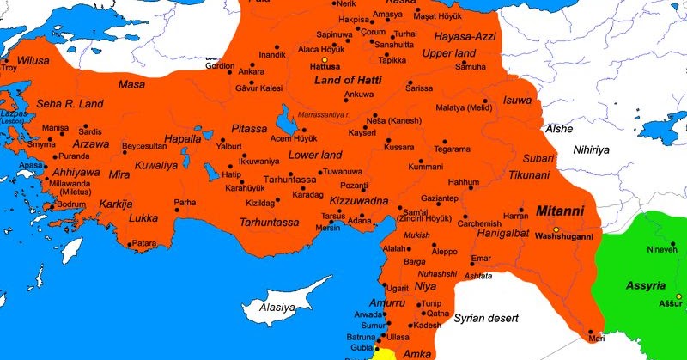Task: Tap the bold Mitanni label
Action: click(x=559, y=210)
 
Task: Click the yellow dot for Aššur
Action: click(x=678, y=296)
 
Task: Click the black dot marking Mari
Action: click(x=591, y=332)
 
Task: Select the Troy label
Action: click(x=9, y=67)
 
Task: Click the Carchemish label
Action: click(x=479, y=223)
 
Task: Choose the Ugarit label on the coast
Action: click(x=397, y=289)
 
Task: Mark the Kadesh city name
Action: click(x=427, y=326)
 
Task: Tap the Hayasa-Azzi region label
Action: click(x=459, y=37)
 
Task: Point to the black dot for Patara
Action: click(x=129, y=245)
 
